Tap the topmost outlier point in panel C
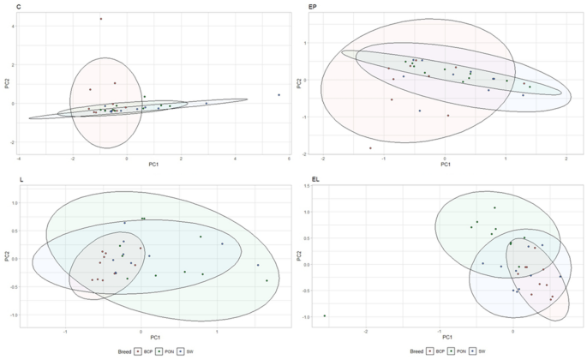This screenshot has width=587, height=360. [x=100, y=19]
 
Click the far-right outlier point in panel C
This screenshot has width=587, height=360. [x=279, y=95]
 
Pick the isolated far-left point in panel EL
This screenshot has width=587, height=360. [x=324, y=316]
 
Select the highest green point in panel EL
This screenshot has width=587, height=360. [x=494, y=207]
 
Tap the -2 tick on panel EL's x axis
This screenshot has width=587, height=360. [x=367, y=330]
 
